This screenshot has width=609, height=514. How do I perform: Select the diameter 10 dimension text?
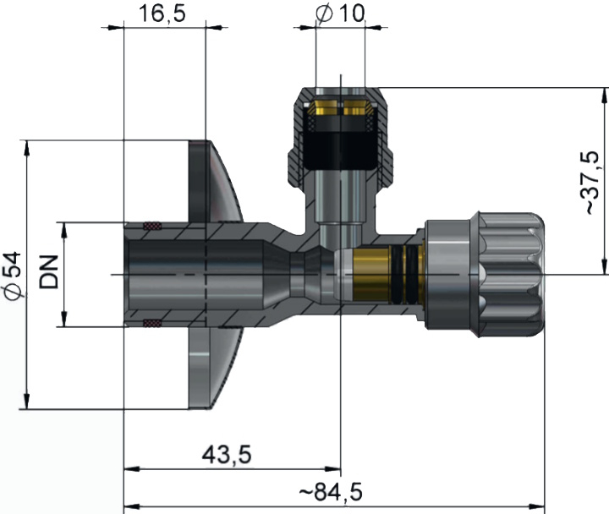tap(341, 14)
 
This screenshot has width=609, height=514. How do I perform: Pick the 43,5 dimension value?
tap(227, 454)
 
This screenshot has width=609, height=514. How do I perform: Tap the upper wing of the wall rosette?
tap(215, 182)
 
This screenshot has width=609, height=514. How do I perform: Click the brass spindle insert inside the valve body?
tap(377, 275)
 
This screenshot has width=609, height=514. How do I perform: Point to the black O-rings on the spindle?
tap(411, 275)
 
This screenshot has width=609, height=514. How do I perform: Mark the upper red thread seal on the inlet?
tap(152, 226)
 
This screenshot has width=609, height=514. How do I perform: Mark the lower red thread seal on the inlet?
tap(152, 322)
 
